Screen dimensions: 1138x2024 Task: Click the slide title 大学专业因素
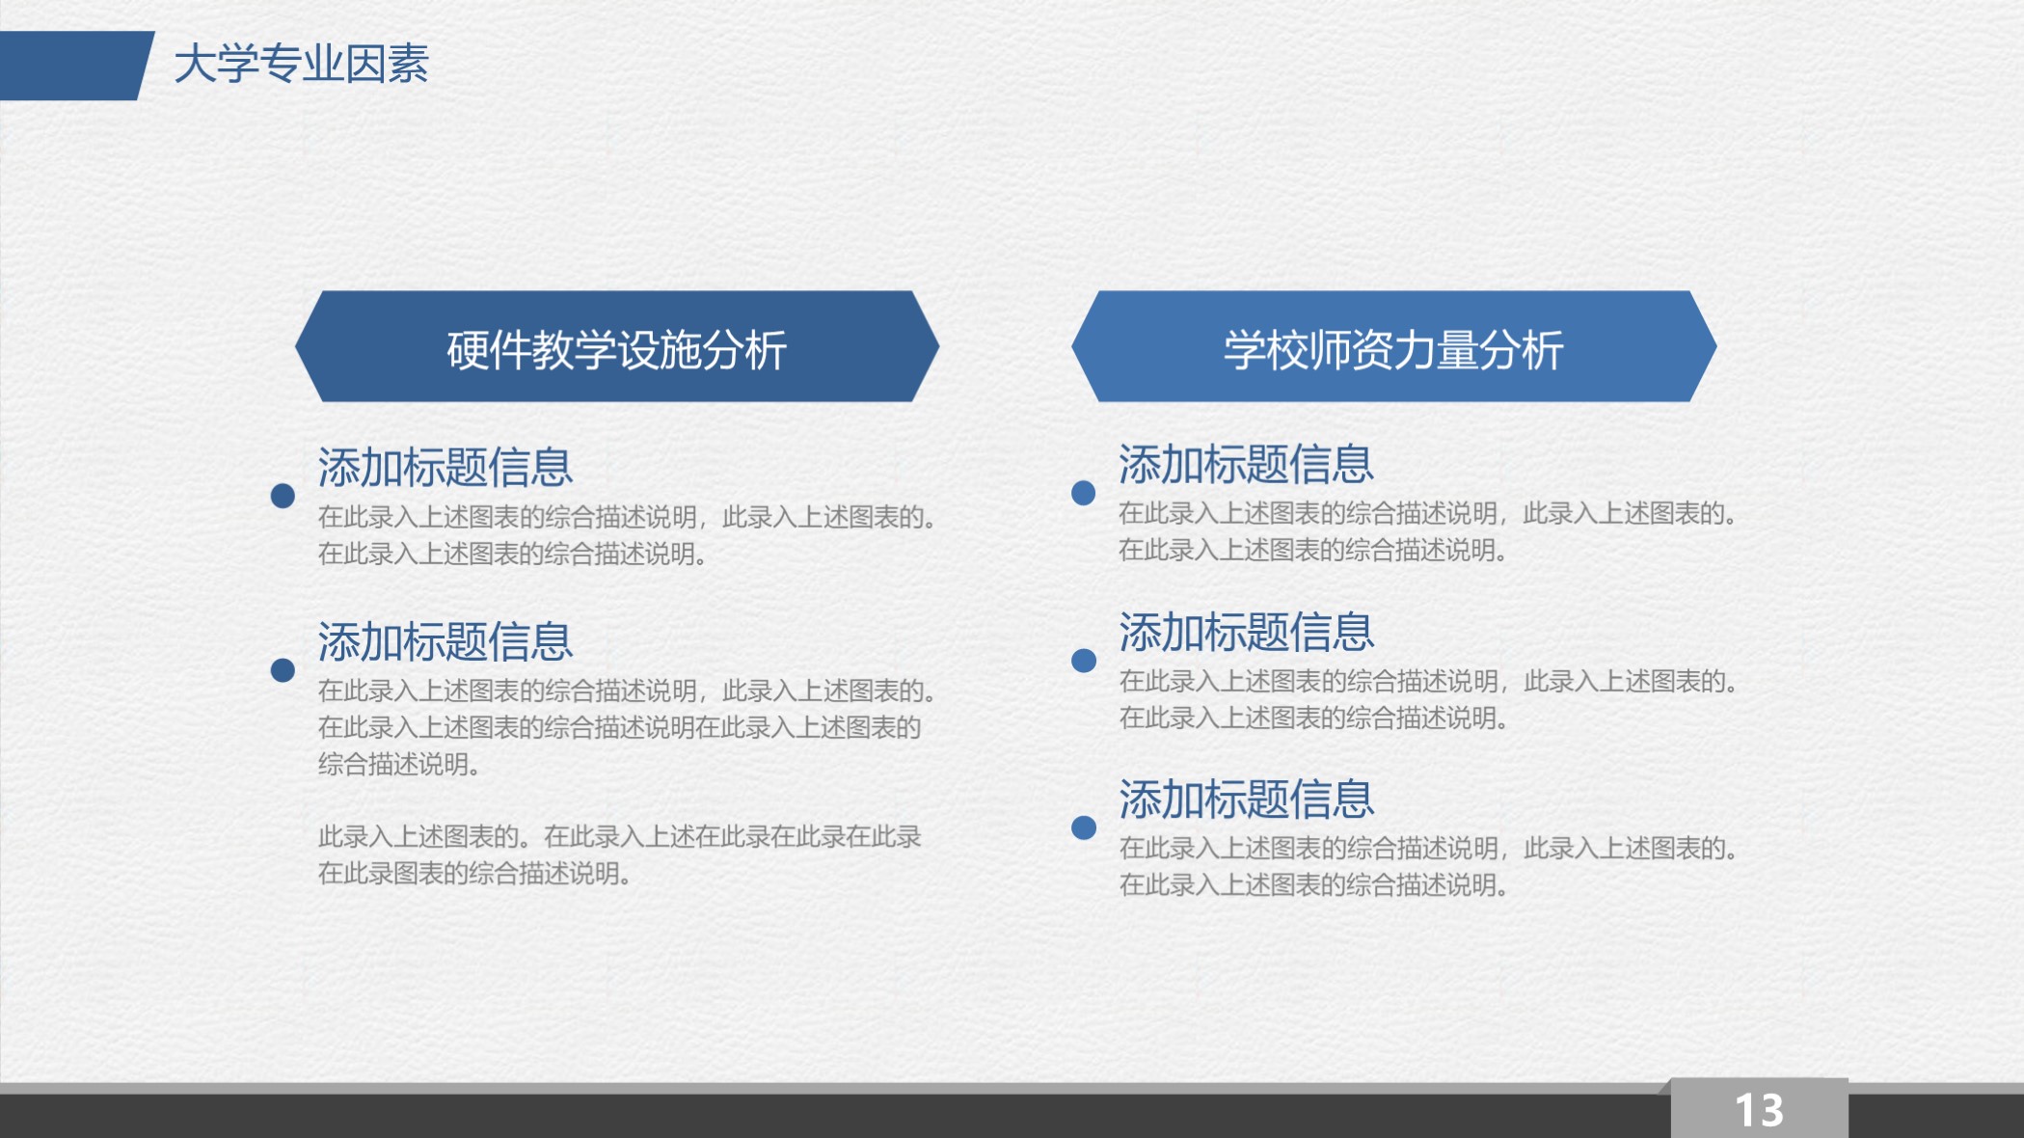[301, 65]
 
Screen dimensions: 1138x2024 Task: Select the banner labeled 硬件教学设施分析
[617, 347]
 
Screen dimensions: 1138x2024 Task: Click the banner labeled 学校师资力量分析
[1393, 347]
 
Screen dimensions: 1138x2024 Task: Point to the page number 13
[1759, 1110]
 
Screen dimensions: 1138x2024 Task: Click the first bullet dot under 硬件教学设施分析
[283, 496]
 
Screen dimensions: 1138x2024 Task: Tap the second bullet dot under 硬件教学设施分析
[283, 670]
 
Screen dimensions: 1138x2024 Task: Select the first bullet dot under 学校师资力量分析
[1084, 493]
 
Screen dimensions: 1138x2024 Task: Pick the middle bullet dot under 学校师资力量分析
[1084, 661]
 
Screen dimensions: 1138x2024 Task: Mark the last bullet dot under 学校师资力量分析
[1084, 827]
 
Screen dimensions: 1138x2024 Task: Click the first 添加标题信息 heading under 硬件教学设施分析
[445, 468]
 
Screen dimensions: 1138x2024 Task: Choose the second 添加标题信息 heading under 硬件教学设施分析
[445, 641]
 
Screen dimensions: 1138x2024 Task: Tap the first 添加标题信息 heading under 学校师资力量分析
[1246, 465]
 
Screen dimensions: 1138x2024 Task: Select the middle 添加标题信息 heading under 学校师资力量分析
[1246, 633]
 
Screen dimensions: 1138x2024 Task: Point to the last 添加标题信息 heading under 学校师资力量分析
[1246, 799]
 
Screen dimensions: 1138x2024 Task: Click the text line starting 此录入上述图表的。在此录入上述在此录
[619, 836]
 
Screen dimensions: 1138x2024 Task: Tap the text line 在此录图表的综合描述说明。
[474, 874]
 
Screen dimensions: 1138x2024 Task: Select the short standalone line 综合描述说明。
[399, 765]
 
